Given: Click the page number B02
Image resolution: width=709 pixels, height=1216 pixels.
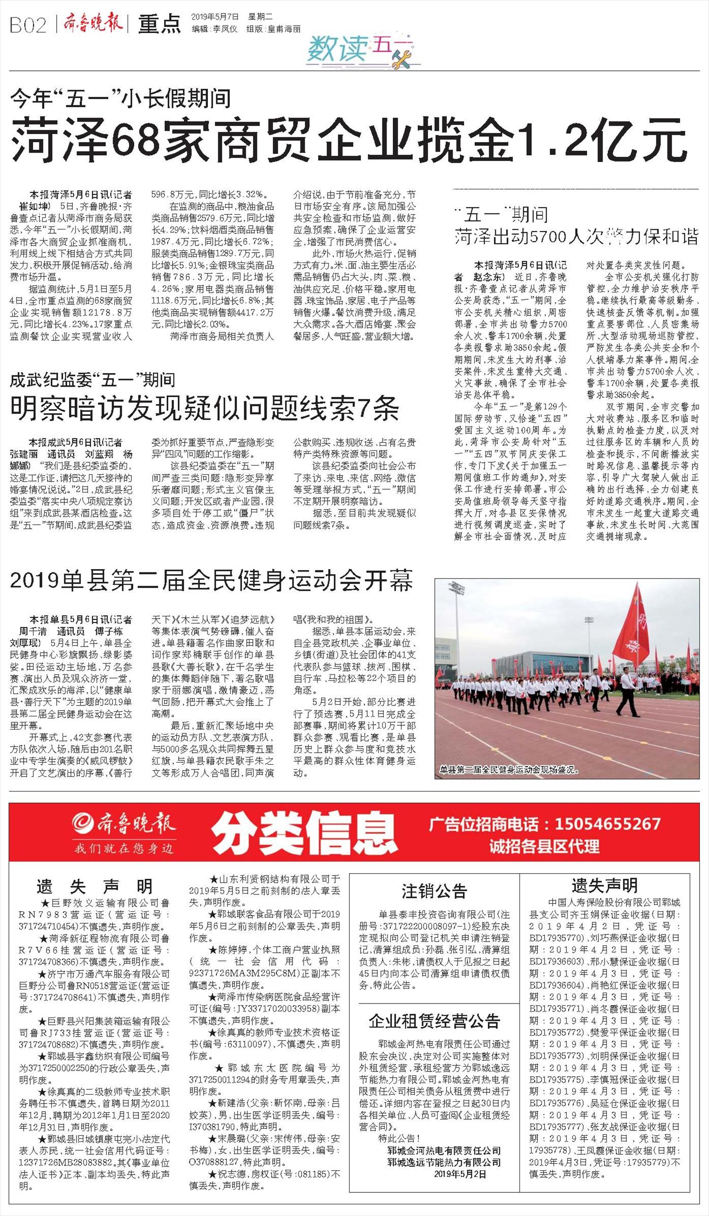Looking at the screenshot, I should coord(27,25).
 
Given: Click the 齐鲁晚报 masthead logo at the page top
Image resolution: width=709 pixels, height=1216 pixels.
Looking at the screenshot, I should coord(92,24).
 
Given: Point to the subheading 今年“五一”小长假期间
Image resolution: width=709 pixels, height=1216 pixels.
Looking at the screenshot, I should coord(120,98).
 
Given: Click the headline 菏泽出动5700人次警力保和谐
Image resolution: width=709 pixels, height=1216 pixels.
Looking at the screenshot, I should coord(576,237).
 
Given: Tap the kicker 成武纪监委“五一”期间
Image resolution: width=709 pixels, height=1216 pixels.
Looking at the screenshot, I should coord(92,381).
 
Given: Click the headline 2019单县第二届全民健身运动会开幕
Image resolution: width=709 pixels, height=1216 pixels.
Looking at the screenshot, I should coord(211,580).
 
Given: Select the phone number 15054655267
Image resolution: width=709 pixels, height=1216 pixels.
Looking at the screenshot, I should coord(607,823).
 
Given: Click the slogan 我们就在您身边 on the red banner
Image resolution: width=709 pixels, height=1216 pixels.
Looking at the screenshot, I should coord(123,848).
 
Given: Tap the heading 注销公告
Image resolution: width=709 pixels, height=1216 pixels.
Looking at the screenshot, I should coord(434,891).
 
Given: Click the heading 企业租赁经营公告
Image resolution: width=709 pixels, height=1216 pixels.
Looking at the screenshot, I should coord(434,1020).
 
